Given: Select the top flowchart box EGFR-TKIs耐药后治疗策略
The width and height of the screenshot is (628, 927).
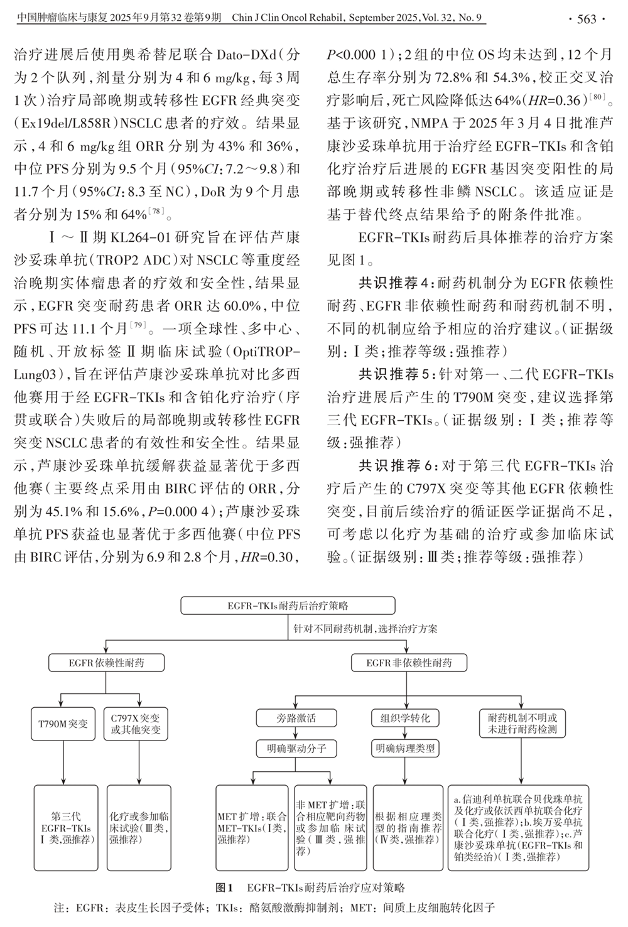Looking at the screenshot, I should pos(288,606).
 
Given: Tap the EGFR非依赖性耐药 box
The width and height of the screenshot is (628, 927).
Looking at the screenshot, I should pos(409,663).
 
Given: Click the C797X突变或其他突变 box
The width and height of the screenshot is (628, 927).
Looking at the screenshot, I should pos(135,724).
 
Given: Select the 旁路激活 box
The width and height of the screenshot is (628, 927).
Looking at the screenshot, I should pos(296,718).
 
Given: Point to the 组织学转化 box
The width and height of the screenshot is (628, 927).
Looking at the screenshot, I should pos(405,718).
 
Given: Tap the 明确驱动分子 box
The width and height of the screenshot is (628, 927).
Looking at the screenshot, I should pos(296,749).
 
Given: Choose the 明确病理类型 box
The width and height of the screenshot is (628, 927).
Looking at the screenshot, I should pos(405,749).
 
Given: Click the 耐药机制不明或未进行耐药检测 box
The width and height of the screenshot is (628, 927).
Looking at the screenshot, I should pos(522,724).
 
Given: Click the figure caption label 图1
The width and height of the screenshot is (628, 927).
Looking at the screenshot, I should pos(224,887).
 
